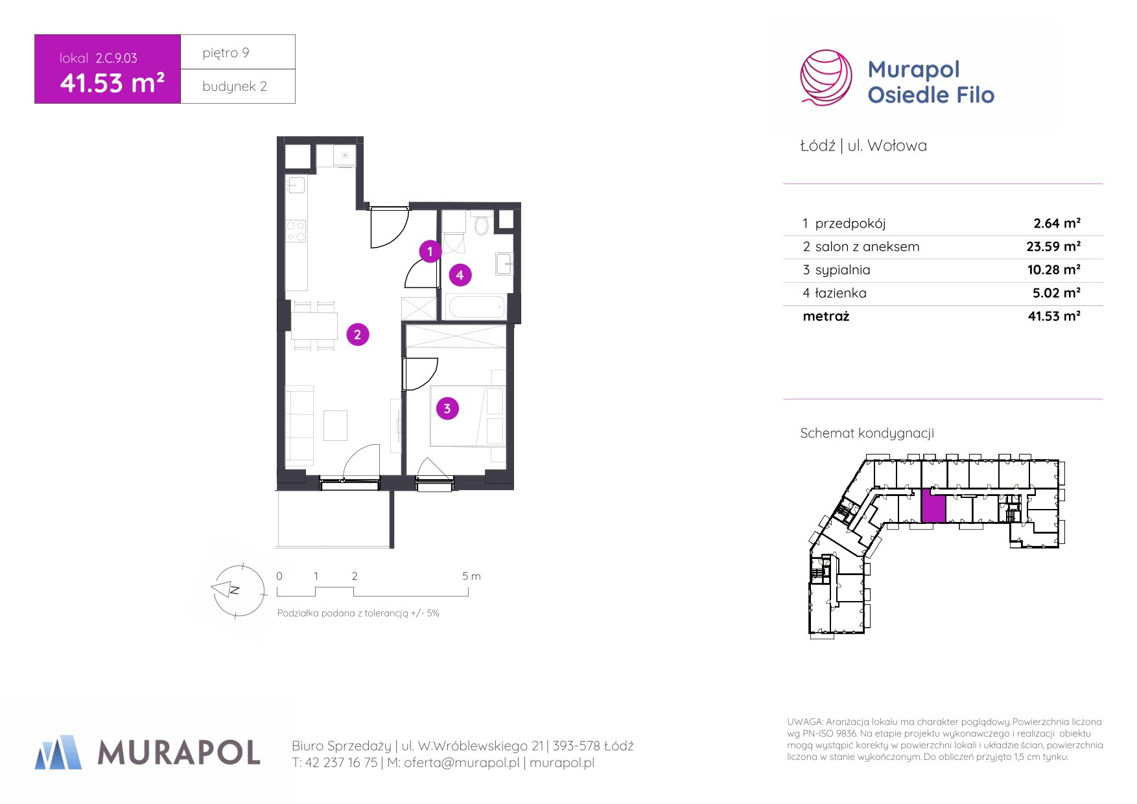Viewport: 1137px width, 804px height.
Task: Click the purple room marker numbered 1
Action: click(x=430, y=251)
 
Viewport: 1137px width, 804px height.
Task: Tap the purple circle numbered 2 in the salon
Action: click(x=357, y=335)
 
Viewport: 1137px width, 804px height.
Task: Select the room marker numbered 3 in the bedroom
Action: click(x=447, y=408)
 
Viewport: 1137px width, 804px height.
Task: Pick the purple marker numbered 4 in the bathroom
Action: click(x=460, y=275)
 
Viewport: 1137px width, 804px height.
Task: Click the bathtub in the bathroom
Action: click(x=476, y=307)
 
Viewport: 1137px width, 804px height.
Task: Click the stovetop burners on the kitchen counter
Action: click(x=296, y=231)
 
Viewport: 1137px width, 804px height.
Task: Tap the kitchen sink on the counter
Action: click(x=296, y=185)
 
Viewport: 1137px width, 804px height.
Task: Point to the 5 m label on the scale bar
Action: click(x=471, y=576)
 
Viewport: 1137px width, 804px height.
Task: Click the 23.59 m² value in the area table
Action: click(x=1053, y=246)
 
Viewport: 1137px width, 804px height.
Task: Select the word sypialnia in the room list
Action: click(x=843, y=270)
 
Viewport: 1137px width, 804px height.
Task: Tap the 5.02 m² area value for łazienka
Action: click(x=1057, y=293)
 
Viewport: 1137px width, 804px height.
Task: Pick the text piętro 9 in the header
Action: click(x=226, y=53)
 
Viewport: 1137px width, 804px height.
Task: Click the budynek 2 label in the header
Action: click(x=235, y=86)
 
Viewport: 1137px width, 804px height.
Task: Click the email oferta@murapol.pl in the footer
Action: click(x=462, y=763)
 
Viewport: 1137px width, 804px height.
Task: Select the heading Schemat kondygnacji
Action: click(x=867, y=433)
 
